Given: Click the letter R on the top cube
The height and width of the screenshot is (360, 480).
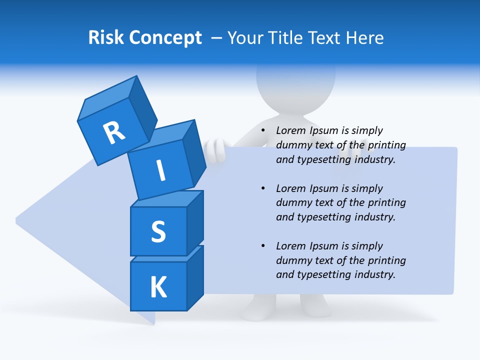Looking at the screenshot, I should (114, 133).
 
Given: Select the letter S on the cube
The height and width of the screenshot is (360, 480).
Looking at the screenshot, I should (158, 231).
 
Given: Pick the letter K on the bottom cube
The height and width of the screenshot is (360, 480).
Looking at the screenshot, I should (158, 287).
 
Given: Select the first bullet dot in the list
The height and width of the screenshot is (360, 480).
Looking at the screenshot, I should (263, 131).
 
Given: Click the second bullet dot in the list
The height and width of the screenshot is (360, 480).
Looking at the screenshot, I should (263, 188).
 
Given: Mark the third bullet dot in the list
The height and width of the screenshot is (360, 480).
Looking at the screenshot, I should (263, 246).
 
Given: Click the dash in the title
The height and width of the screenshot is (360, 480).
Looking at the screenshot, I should (217, 37).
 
